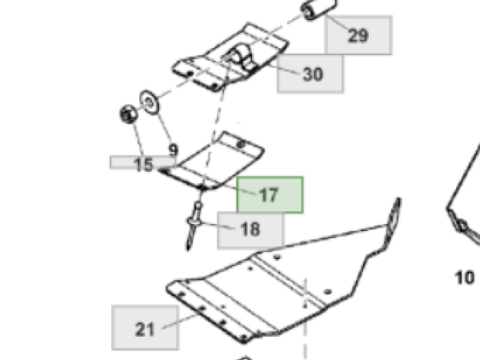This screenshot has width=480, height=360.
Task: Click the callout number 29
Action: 358,35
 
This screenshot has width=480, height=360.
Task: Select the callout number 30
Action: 313,74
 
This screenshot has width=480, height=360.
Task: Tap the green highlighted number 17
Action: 269,195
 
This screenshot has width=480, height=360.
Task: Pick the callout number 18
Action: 250,230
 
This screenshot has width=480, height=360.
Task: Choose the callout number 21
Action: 145,330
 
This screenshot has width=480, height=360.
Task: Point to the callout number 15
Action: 143,165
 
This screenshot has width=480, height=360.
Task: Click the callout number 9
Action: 174,150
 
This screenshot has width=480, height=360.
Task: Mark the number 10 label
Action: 465,278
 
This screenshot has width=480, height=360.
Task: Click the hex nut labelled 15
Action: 128,114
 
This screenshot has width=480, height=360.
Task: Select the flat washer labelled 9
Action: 150,102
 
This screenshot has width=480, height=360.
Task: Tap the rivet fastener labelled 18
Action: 194,226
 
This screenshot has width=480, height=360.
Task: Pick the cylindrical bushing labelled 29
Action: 318,9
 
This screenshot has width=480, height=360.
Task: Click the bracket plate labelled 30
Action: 230,58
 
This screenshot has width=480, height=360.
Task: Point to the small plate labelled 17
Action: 211,161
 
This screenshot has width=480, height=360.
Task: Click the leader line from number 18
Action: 217,226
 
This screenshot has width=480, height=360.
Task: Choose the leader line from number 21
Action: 179,322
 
